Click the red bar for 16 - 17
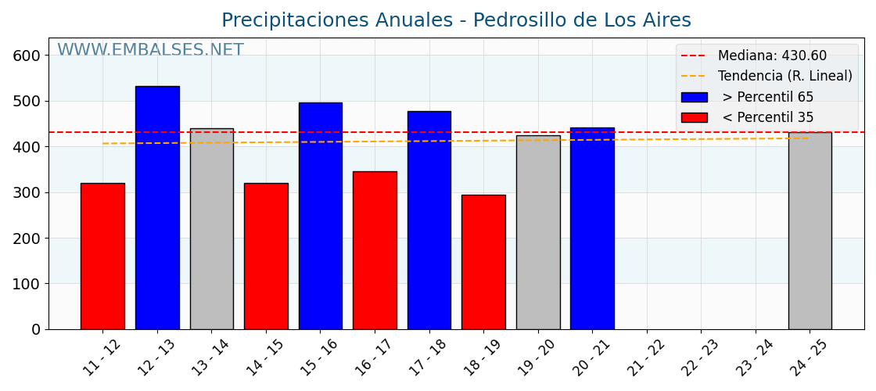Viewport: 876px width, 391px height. click(375, 250)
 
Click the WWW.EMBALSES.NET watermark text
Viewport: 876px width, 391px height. click(150, 51)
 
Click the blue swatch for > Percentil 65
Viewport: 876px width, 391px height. click(694, 97)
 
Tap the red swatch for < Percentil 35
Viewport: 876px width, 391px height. click(694, 118)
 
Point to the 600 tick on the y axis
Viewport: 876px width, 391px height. click(26, 56)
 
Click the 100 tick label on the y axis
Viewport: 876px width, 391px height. click(26, 284)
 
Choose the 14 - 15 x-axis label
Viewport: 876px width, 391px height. click(266, 358)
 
